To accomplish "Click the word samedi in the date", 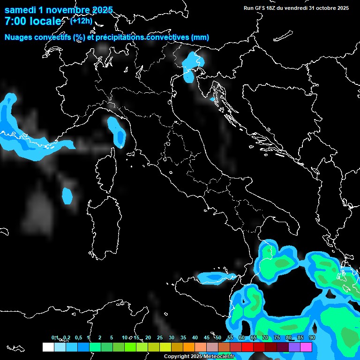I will (x=21, y=10).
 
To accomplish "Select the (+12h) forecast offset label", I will (x=81, y=21).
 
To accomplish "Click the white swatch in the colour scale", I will (x=48, y=347).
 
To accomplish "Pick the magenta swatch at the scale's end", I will (x=306, y=347).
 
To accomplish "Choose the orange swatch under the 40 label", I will (x=189, y=347).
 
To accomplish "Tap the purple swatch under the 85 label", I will (x=294, y=347).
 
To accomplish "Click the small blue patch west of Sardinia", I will (x=68, y=195).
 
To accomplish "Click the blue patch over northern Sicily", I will (x=216, y=278).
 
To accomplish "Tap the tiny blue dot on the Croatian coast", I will (x=212, y=99).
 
